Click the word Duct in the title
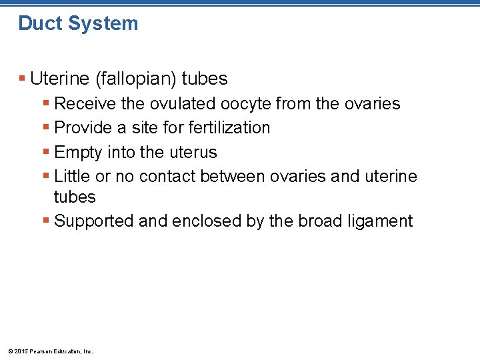point(37,23)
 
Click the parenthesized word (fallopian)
point(137,79)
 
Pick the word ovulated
point(185,104)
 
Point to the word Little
point(72,177)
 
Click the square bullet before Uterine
point(23,79)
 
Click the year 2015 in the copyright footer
point(22,351)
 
